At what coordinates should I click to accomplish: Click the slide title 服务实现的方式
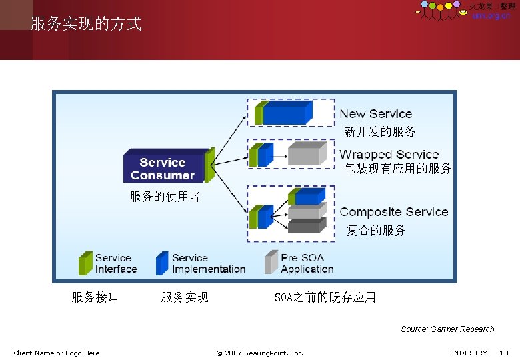(x=86, y=25)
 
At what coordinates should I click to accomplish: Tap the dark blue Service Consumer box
(x=163, y=167)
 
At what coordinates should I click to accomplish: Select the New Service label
(x=376, y=114)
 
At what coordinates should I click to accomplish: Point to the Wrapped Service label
(x=389, y=154)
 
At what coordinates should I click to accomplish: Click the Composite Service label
(x=394, y=212)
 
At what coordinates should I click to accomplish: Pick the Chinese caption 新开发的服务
(x=380, y=132)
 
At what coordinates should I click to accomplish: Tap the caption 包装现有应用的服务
(x=398, y=169)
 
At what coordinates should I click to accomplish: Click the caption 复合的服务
(x=376, y=231)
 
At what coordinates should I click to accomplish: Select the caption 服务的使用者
(x=165, y=197)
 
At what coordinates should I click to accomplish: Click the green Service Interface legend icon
(x=85, y=263)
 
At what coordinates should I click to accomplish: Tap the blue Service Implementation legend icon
(x=162, y=263)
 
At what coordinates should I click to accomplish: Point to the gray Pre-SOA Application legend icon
(x=271, y=263)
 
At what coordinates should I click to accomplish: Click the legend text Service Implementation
(x=208, y=263)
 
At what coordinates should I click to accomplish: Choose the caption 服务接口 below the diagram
(x=95, y=297)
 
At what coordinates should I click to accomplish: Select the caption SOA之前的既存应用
(x=325, y=297)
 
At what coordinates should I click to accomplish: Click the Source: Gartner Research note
(x=447, y=329)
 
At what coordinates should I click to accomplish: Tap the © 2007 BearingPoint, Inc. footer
(x=259, y=353)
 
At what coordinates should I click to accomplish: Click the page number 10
(x=504, y=353)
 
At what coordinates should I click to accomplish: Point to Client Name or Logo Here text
(x=57, y=353)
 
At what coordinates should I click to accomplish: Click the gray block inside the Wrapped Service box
(x=304, y=154)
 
